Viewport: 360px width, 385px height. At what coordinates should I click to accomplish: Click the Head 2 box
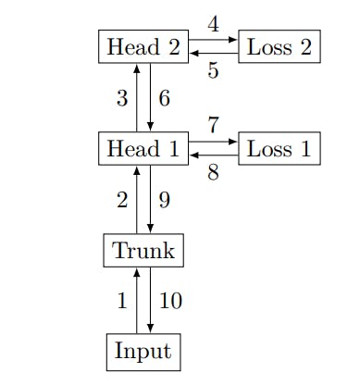143,47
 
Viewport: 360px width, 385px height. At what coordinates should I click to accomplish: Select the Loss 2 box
279,47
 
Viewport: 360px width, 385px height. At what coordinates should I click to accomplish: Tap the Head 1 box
143,148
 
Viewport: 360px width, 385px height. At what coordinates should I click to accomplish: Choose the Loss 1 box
279,148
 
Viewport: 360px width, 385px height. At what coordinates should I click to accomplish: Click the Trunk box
143,250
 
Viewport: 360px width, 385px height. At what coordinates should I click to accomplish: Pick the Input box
143,352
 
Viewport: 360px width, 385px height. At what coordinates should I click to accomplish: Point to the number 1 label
121,301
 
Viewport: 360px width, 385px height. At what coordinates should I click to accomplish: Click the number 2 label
121,199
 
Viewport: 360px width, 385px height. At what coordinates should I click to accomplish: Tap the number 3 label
121,98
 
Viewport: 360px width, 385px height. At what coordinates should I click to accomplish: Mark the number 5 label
213,70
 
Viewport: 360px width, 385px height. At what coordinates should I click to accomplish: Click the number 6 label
165,98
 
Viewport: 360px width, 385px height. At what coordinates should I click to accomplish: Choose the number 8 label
213,171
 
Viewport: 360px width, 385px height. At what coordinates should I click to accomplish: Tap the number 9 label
165,199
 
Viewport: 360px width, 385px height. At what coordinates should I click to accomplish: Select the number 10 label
170,301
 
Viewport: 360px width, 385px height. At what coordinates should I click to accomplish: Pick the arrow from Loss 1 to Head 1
213,155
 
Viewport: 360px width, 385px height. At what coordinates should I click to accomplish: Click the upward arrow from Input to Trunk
137,301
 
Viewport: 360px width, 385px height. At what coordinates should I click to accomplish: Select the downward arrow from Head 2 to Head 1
150,98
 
